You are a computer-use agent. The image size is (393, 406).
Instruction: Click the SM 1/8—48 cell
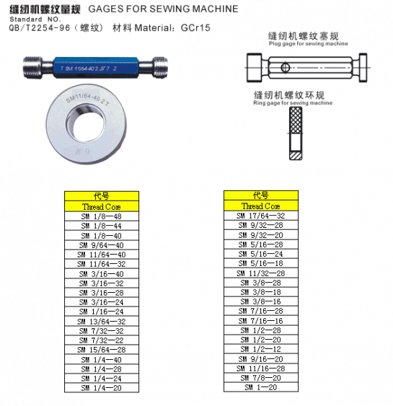pos(101,216)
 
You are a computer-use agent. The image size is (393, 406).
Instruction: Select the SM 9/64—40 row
pos(101,245)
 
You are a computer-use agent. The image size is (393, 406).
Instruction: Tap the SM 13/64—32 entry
pos(101,321)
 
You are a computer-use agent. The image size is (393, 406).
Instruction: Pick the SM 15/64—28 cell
pos(101,350)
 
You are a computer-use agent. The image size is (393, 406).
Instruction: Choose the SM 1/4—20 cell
pos(101,388)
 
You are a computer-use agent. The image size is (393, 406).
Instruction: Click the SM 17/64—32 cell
pos(261,216)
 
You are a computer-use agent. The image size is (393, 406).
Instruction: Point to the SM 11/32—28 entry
pos(261,273)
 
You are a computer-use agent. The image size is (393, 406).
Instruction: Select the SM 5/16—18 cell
pos(261,264)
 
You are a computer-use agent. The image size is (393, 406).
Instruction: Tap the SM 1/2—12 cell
pos(261,349)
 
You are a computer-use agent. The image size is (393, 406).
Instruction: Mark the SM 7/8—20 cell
pos(261,378)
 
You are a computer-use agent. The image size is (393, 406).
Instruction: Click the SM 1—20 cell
pos(261,387)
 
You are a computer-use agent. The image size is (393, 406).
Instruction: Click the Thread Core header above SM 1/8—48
pos(101,206)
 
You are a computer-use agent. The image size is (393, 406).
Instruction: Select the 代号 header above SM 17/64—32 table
pos(261,195)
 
